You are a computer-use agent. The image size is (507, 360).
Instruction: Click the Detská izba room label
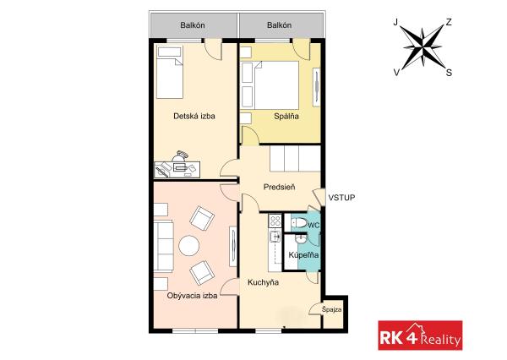[194, 116]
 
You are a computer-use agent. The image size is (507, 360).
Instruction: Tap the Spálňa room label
[286, 116]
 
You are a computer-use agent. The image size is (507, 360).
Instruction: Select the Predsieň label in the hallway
[279, 187]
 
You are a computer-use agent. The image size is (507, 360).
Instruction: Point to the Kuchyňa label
[263, 282]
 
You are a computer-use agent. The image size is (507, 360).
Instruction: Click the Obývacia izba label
[192, 296]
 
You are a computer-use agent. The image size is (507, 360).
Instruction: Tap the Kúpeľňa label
[303, 255]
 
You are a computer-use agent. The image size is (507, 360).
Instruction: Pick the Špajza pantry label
[332, 310]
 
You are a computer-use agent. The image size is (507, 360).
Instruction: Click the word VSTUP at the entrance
[341, 198]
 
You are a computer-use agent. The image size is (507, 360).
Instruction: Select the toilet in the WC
[299, 223]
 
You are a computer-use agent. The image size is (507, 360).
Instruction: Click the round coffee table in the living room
[189, 246]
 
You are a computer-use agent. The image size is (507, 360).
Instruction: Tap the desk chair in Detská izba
[180, 155]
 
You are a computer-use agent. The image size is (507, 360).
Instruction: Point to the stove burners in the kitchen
[275, 221]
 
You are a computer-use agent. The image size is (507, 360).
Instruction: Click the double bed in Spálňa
[276, 85]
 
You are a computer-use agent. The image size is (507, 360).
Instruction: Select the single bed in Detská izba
[170, 72]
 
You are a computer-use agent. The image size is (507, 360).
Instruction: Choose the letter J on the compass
[395, 22]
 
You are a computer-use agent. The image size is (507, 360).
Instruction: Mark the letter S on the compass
[449, 73]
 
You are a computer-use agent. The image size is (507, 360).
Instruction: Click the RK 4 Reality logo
[420, 335]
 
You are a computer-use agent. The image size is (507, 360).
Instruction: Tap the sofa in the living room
[164, 246]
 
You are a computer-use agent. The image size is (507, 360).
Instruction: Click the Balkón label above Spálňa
[280, 25]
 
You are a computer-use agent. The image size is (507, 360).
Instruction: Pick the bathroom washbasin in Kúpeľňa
[300, 238]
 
